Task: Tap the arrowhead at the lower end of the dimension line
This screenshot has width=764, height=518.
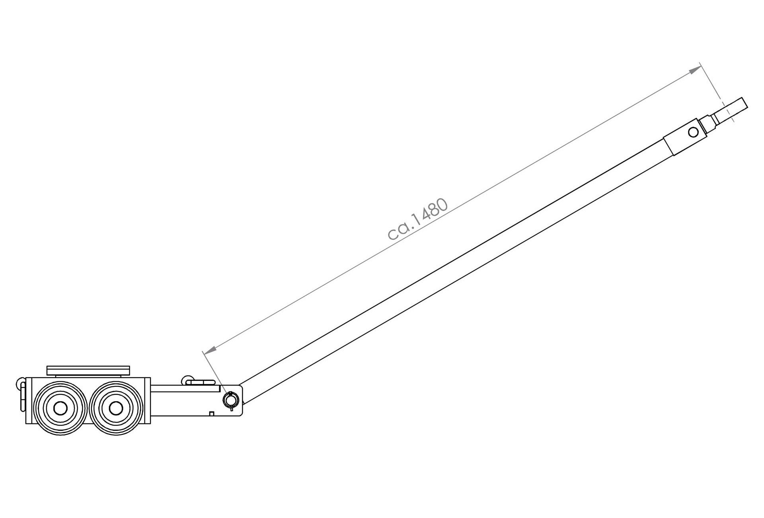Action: tap(209, 349)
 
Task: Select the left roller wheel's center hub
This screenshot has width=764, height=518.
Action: tap(60, 408)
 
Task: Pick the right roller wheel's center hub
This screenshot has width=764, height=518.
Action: tap(116, 408)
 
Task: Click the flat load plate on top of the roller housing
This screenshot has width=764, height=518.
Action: tap(88, 371)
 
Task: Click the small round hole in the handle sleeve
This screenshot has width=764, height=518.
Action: tap(693, 132)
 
